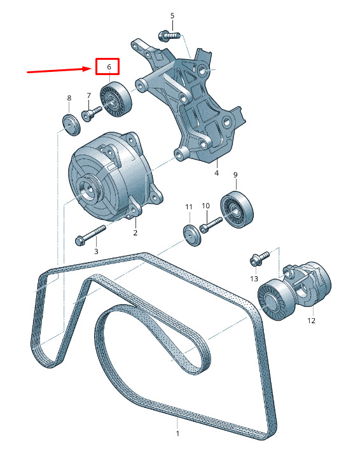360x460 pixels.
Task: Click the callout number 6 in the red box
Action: point(109,67)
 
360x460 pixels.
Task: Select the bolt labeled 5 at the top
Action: point(169,36)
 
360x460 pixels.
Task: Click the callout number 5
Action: point(172,15)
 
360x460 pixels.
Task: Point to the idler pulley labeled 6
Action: point(116,99)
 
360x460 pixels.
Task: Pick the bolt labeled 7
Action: point(91,113)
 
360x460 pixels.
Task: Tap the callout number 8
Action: point(69,98)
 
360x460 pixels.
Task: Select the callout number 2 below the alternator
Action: point(135,233)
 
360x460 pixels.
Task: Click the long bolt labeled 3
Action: point(90,235)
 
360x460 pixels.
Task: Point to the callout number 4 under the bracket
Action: point(216,173)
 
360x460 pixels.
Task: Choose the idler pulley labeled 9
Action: point(237,209)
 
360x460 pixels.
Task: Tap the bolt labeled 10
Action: point(211,225)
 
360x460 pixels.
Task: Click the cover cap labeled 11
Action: point(192,235)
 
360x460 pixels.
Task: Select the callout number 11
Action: point(189,207)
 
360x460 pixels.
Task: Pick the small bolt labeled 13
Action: point(259,258)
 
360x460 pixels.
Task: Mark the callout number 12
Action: point(311,321)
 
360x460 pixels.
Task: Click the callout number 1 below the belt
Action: point(177,433)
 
